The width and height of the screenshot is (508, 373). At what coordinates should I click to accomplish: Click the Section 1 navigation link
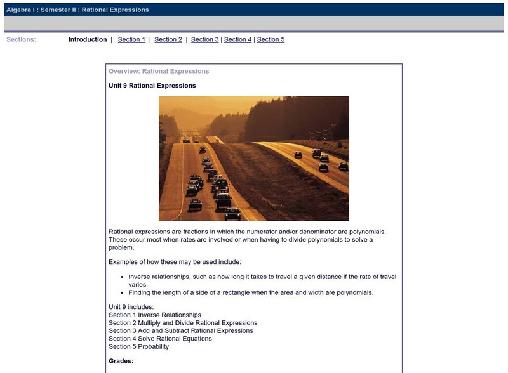click(131, 39)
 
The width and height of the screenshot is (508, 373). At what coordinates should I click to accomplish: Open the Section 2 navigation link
click(168, 39)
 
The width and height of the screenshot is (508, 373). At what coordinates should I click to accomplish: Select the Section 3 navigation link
click(205, 39)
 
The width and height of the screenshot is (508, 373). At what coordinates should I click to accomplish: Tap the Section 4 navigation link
click(238, 39)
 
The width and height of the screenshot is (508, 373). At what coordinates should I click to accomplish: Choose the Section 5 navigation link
click(271, 39)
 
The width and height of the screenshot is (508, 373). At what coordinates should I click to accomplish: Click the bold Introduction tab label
click(88, 39)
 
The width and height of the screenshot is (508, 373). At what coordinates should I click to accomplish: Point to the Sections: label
click(21, 39)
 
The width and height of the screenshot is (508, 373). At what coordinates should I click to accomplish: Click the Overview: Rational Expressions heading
click(159, 71)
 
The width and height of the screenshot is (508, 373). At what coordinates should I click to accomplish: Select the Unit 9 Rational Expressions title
click(152, 85)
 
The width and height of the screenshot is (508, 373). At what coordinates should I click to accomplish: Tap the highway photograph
click(253, 158)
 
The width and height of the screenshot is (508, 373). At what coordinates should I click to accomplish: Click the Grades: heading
click(121, 360)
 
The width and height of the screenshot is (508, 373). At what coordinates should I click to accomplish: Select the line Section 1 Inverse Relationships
click(155, 315)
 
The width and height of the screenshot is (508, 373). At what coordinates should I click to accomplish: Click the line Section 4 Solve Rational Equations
click(160, 339)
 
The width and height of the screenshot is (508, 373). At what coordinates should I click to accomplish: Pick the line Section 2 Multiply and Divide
click(183, 323)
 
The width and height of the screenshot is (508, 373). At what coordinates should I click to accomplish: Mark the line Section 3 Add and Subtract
click(181, 330)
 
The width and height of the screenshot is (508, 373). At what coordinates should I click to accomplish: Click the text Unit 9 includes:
click(131, 307)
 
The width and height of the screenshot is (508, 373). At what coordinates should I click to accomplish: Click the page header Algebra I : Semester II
click(77, 10)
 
